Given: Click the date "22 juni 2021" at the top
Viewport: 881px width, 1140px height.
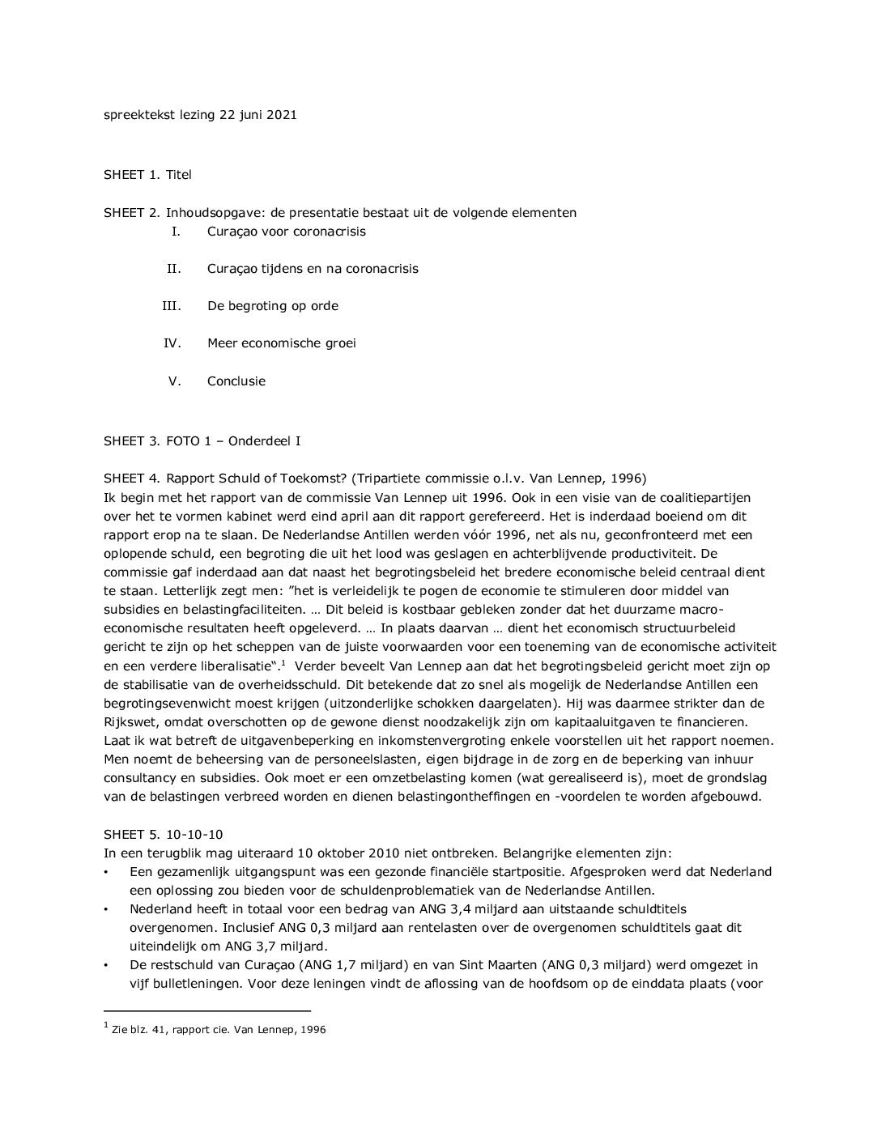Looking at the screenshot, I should pyautogui.click(x=257, y=115).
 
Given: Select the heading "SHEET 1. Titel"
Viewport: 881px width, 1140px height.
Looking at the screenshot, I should pyautogui.click(x=147, y=174).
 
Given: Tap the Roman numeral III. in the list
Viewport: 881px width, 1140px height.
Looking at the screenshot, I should pyautogui.click(x=171, y=306).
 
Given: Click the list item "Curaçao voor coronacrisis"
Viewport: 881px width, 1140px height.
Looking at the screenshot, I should pyautogui.click(x=286, y=232).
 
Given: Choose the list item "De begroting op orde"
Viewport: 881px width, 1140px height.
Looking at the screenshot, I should pyautogui.click(x=272, y=306).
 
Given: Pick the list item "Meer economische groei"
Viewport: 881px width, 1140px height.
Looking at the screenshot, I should pyautogui.click(x=281, y=343).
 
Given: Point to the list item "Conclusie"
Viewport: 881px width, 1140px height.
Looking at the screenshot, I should pyautogui.click(x=236, y=381).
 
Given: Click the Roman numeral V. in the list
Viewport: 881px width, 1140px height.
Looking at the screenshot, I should pyautogui.click(x=174, y=381).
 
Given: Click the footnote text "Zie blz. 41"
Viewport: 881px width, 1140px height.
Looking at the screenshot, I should pyautogui.click(x=142, y=1031).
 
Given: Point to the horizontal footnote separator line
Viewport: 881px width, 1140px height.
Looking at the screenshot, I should pyautogui.click(x=207, y=1010).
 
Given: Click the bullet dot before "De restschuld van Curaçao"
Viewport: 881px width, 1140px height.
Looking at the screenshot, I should pyautogui.click(x=106, y=966).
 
